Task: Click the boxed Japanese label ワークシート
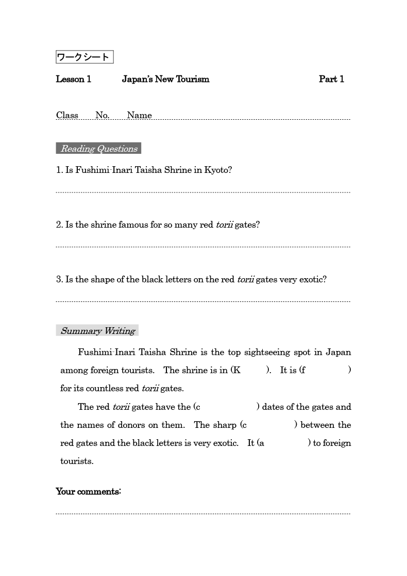(x=84, y=57)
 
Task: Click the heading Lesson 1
(x=74, y=79)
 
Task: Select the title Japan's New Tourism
(x=165, y=79)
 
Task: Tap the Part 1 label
(x=331, y=79)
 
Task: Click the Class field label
(x=67, y=115)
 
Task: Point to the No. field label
(x=102, y=115)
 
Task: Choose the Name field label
(x=139, y=115)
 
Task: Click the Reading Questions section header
(x=99, y=149)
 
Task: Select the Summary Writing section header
(x=97, y=331)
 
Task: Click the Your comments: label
(x=88, y=491)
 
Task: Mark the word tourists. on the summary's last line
(x=77, y=461)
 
